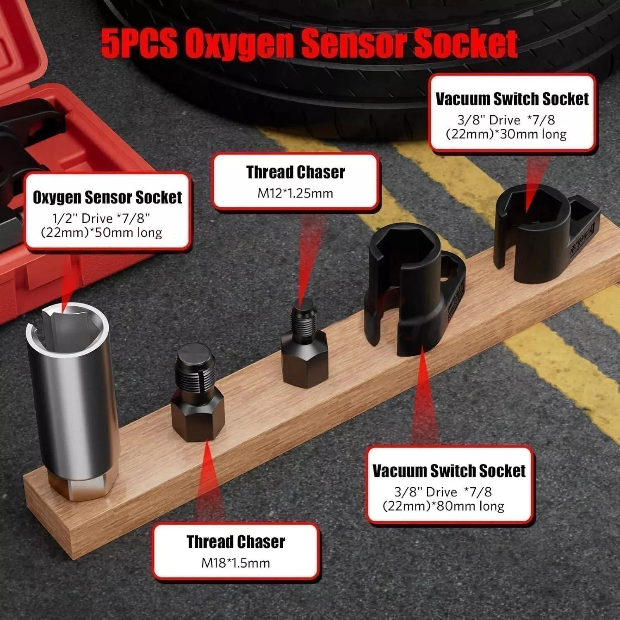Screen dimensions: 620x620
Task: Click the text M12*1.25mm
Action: [295, 193]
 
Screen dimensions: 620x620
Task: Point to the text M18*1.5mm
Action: [236, 563]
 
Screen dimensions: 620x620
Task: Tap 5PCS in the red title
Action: [138, 43]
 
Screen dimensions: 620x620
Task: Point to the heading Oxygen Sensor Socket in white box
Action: [107, 198]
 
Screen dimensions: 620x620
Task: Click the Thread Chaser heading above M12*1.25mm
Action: [296, 172]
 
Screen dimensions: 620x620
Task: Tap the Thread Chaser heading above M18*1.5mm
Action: [236, 542]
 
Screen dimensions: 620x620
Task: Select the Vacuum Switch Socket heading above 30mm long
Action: [512, 99]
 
